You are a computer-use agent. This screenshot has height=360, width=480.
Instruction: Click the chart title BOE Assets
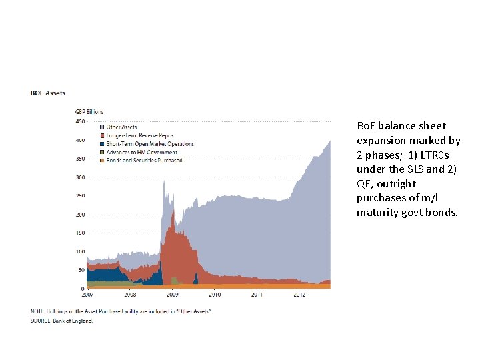[48, 93]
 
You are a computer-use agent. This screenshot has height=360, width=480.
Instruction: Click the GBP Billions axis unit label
[88, 112]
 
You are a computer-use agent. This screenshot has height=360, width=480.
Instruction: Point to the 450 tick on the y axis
[79, 121]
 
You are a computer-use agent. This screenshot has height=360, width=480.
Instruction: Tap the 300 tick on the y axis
[79, 177]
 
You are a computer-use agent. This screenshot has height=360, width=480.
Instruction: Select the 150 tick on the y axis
[79, 233]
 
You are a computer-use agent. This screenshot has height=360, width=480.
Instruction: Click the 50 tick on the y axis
[81, 270]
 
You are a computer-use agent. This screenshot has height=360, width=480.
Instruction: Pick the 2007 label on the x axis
[87, 294]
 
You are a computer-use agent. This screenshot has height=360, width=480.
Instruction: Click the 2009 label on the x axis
[172, 294]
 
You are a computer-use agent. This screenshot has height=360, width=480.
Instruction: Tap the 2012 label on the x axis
[299, 294]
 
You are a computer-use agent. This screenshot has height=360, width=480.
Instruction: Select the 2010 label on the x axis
[215, 294]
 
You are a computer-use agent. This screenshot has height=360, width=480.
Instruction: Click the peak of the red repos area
[173, 212]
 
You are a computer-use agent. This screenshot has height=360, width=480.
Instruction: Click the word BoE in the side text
[366, 126]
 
